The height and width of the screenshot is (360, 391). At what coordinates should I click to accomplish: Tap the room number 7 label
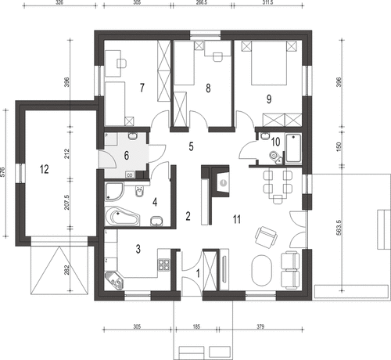pyautogui.click(x=142, y=87)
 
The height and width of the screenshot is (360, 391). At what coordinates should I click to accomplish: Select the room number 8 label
pyautogui.click(x=208, y=88)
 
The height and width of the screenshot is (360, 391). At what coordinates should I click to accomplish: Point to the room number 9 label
pyautogui.click(x=268, y=99)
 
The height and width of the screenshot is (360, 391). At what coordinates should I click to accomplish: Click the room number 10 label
pyautogui.click(x=275, y=142)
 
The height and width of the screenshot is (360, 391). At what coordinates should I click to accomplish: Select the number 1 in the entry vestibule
pyautogui.click(x=198, y=273)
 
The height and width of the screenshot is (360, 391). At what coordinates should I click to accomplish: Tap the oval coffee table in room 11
pyautogui.click(x=260, y=273)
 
